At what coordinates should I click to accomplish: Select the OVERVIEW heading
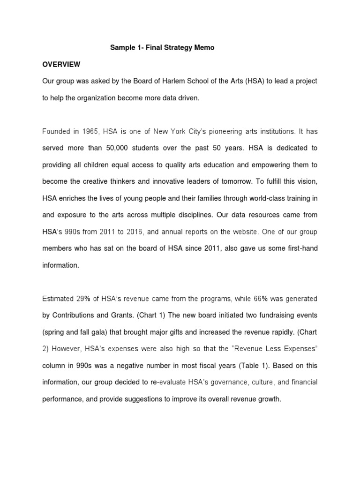[x=61, y=64]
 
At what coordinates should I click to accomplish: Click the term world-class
[x=261, y=198]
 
